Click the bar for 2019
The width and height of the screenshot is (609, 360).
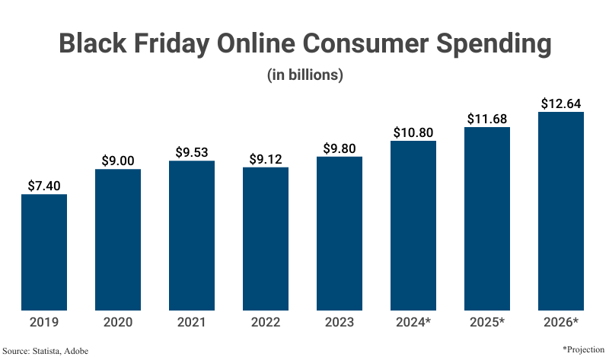coord(44,252)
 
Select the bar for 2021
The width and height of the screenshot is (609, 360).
coord(192,235)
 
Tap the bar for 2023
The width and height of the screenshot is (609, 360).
coord(340,233)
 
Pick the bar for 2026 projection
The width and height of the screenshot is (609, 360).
coord(561,211)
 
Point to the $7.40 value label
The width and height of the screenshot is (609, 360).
coord(44,185)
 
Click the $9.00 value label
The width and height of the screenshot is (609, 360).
coord(118,160)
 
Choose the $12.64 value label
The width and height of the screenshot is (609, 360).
coord(561,103)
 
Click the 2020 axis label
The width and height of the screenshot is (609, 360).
coord(118,322)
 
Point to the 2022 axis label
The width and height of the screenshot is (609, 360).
coord(266,322)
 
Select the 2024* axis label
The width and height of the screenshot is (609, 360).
coord(413,322)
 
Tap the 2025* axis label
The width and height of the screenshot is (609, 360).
coord(487,322)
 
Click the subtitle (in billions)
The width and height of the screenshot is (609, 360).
coord(304,75)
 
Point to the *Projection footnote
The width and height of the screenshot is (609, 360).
coord(583,348)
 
